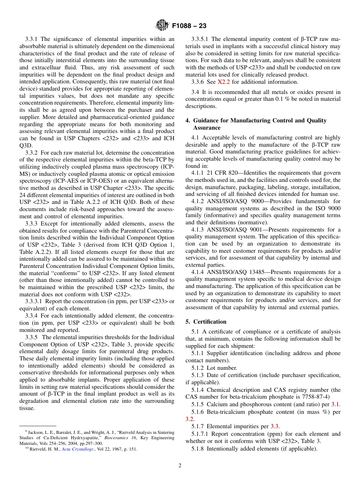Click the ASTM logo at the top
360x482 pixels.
point(162,26)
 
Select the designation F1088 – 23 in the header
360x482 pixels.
point(189,26)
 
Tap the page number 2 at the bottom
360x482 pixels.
point(180,466)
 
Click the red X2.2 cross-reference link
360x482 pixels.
point(224,82)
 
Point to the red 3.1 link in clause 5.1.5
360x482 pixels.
point(336,404)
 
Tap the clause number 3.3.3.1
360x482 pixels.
point(34,301)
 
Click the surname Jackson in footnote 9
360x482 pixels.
point(36,432)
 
